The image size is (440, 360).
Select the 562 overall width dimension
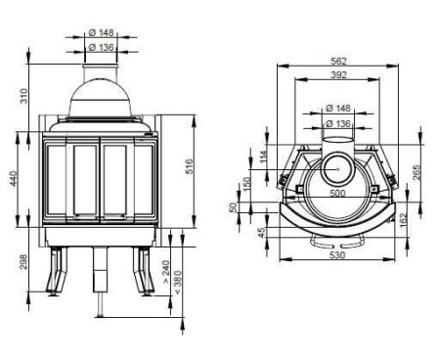(338, 61)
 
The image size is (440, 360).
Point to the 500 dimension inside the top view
(337, 194)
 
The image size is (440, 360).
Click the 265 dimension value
(418, 172)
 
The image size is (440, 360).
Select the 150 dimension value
(248, 184)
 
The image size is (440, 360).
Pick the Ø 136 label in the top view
(337, 123)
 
